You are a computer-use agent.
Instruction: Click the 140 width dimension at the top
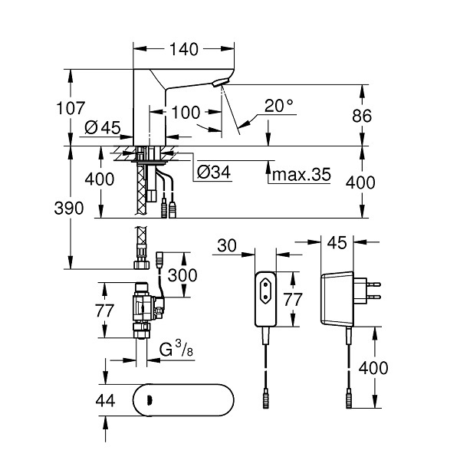[184, 49]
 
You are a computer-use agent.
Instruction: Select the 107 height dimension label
[71, 108]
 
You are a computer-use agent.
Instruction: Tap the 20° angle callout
[278, 106]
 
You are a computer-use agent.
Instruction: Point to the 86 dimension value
[362, 116]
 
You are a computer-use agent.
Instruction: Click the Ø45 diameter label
[103, 127]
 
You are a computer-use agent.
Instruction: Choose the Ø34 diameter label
[214, 172]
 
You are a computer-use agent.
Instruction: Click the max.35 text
[301, 175]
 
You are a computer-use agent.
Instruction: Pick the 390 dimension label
[69, 209]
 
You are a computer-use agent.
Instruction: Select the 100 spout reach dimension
[186, 113]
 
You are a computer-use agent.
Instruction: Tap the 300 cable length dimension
[182, 275]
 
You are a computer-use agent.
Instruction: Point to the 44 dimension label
[105, 400]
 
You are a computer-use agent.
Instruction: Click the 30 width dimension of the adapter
[227, 245]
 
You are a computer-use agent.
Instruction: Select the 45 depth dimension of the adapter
[337, 243]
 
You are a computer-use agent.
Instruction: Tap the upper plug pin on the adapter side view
[373, 284]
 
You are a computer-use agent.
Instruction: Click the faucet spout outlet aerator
[219, 83]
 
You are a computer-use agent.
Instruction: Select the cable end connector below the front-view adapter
[265, 399]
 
